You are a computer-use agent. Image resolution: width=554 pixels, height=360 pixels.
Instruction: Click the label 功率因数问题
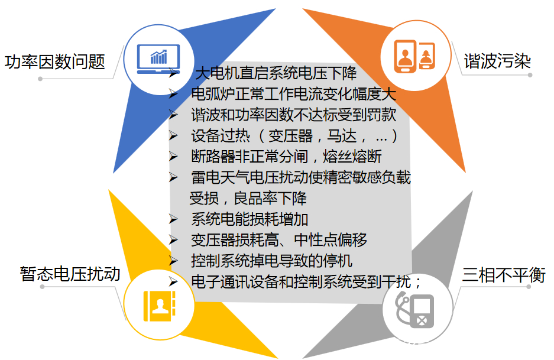(x=55, y=61)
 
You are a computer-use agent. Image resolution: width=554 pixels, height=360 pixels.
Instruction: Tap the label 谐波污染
(x=497, y=61)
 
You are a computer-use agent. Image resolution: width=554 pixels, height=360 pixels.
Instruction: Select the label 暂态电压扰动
(x=70, y=274)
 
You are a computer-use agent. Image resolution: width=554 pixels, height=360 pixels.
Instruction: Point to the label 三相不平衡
(x=504, y=274)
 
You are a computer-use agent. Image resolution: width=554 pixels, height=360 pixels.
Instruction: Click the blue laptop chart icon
(x=158, y=59)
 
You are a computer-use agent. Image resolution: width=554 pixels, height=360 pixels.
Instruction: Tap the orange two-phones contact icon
(x=414, y=56)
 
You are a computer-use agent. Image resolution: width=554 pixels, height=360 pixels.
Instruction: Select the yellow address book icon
(x=160, y=306)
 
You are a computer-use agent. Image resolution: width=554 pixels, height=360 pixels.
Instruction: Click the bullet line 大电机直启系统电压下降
(x=276, y=73)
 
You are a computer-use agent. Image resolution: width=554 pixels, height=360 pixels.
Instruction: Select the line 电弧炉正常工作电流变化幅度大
(x=293, y=94)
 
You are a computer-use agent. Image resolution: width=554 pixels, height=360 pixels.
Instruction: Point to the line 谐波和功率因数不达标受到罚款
(x=293, y=115)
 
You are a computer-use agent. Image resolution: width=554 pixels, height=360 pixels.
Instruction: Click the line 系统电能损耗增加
(x=250, y=219)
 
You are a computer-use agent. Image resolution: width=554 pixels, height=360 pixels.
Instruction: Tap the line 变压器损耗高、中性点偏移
(x=278, y=240)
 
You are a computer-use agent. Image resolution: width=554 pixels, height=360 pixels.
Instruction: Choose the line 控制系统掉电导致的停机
(x=271, y=261)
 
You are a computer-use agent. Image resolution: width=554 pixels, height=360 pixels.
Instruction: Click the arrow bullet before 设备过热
(x=173, y=135)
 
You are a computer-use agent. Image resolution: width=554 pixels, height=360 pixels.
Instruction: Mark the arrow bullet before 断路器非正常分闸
(x=173, y=157)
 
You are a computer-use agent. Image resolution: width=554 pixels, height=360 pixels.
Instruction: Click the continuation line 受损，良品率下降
(x=248, y=198)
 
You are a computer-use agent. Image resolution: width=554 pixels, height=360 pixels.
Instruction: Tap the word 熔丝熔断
(x=352, y=157)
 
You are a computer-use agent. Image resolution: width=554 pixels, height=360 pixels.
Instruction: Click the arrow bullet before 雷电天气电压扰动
(x=173, y=177)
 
